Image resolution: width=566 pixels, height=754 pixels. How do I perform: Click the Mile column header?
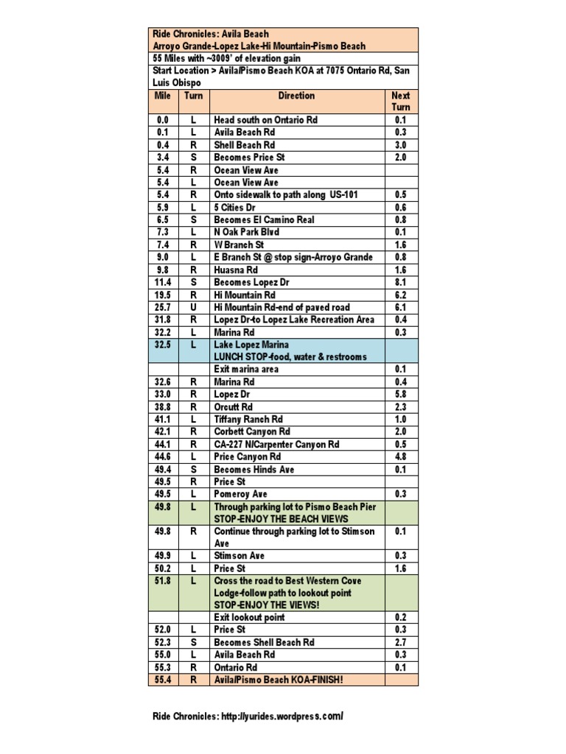pos(162,96)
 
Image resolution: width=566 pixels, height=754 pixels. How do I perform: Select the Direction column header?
pos(296,96)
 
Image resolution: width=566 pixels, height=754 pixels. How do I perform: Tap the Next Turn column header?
pos(401,101)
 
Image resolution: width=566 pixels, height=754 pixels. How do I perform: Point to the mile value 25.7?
pos(162,307)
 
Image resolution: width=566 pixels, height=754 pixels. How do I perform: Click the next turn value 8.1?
pos(401,282)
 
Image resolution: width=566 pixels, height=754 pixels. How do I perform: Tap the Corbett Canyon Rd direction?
pos(252,431)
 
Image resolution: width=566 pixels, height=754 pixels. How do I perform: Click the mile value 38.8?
pos(162,406)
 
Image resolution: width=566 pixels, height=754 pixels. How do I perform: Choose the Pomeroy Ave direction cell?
pos(241,494)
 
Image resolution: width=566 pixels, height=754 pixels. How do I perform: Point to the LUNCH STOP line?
pos(289,357)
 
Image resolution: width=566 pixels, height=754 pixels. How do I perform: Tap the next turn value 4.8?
pos(401,457)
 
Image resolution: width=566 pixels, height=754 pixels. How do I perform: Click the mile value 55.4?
pos(162,680)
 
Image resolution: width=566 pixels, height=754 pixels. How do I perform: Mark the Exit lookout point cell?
pos(249,617)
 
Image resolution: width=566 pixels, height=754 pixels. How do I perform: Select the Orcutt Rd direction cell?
pos(234,406)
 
